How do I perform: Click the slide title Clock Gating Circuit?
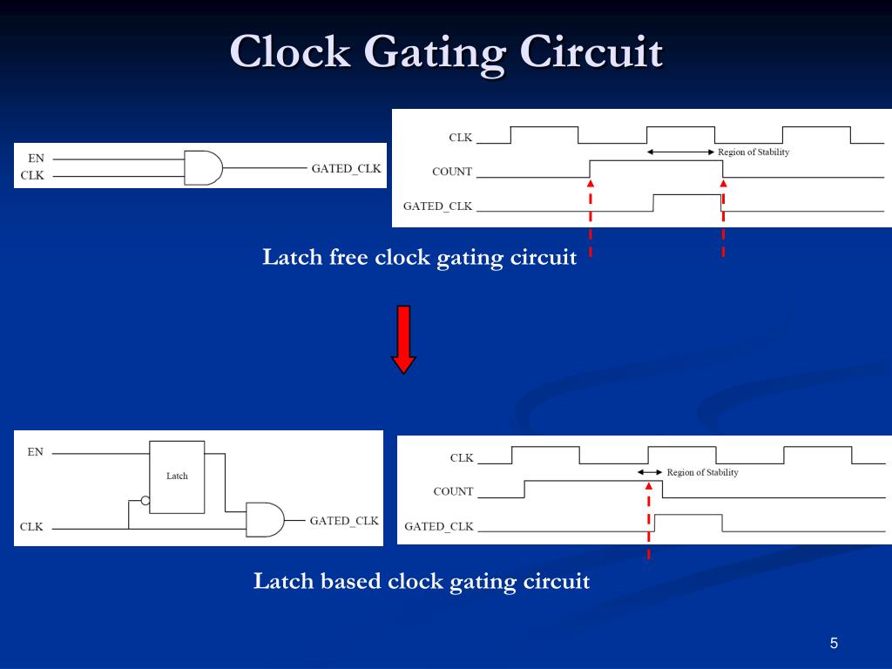(x=446, y=52)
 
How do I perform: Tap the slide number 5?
(x=834, y=644)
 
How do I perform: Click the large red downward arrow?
(x=403, y=339)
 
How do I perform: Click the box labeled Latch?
(x=177, y=476)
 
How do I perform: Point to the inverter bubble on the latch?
(x=145, y=501)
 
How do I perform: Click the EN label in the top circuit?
(x=36, y=159)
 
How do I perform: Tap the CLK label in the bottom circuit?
(x=32, y=527)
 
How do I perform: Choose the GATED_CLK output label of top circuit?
(x=347, y=168)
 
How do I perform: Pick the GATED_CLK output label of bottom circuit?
(x=344, y=521)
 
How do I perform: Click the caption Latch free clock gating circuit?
(x=420, y=258)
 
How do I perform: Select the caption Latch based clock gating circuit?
(x=422, y=581)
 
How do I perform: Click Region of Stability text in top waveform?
(x=753, y=152)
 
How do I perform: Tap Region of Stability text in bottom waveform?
(x=702, y=472)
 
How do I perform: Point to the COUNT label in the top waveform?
(x=452, y=172)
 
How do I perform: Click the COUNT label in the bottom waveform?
(x=453, y=491)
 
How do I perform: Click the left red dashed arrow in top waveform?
(x=591, y=218)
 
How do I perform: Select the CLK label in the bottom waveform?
(x=462, y=457)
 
